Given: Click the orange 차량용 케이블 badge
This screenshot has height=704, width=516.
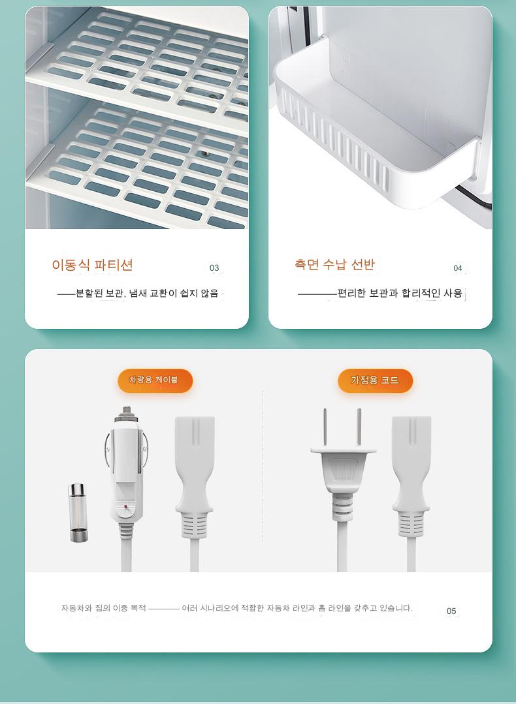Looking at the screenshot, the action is (155, 380).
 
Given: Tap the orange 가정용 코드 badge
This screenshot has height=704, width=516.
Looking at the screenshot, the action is (375, 380).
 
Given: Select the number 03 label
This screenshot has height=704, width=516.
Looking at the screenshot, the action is (214, 268).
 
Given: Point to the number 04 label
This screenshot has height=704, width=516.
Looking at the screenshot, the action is (458, 268).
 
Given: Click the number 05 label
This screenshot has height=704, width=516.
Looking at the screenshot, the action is (451, 611).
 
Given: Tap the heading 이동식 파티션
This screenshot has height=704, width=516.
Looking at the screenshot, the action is (92, 265).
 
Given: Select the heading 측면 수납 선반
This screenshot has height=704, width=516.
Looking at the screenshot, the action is (334, 264).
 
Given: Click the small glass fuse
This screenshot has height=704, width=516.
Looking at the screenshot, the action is (78, 513).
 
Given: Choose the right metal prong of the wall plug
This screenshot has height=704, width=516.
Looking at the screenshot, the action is (359, 427).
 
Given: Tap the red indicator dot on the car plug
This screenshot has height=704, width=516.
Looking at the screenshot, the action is (127, 507).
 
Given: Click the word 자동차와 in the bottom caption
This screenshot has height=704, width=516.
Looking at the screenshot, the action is (76, 608).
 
